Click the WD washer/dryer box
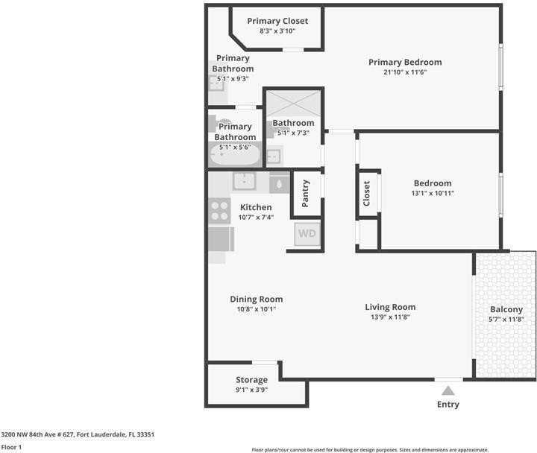307,233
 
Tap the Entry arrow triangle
447,390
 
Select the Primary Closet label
277,21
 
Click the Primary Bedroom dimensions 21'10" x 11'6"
405,72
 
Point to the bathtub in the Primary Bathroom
235,154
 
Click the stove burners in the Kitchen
219,211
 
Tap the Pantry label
306,193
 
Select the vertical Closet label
366,194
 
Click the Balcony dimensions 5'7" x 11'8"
506,319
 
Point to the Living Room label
390,307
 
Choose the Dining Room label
256,299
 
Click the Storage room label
251,379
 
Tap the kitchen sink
244,181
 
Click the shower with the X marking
293,103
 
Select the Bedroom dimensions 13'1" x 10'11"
433,193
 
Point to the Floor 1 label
11,447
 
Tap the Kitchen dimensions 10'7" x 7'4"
256,217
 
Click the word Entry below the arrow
447,405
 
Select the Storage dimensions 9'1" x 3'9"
251,389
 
